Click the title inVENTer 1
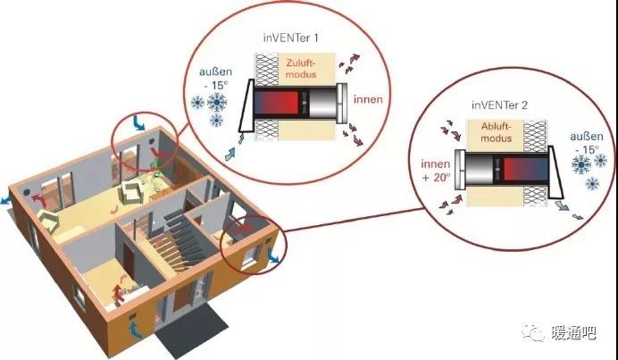291,38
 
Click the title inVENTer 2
499,105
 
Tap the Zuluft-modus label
301,69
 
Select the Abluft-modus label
497,132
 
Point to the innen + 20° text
436,171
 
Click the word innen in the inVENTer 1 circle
368,99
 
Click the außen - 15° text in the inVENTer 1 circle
215,79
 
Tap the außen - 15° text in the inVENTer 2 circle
587,143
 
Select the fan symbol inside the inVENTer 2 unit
497,169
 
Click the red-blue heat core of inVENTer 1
276,103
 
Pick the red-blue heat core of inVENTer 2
525,169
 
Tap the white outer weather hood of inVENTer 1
246,105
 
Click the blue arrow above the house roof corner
138,122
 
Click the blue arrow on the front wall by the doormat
135,330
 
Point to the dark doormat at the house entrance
191,331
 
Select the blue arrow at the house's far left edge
5,200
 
